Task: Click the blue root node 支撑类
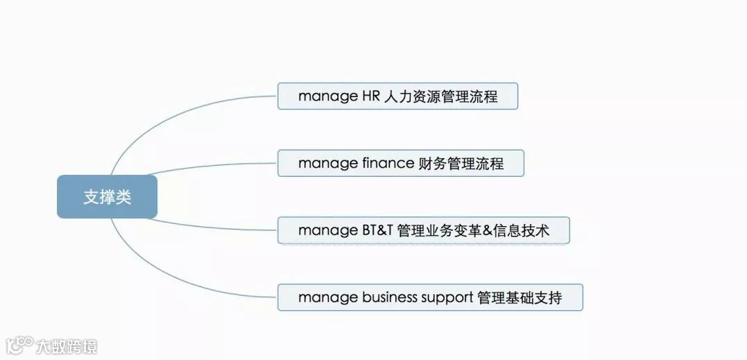point(107,196)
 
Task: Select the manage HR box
point(397,96)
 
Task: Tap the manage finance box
point(400,164)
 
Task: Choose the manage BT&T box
point(423,230)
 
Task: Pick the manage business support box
point(429,298)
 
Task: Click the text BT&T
point(377,230)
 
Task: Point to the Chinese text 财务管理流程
point(461,164)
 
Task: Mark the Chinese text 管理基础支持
point(520,298)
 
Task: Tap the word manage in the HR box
point(327,96)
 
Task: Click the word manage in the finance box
point(327,164)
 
